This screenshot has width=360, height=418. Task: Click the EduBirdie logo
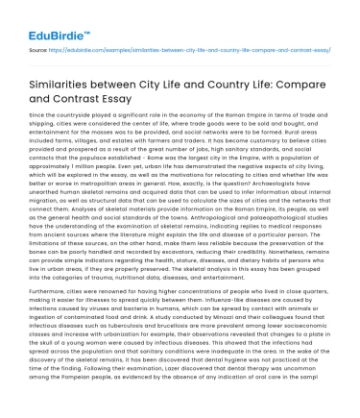point(43,18)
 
